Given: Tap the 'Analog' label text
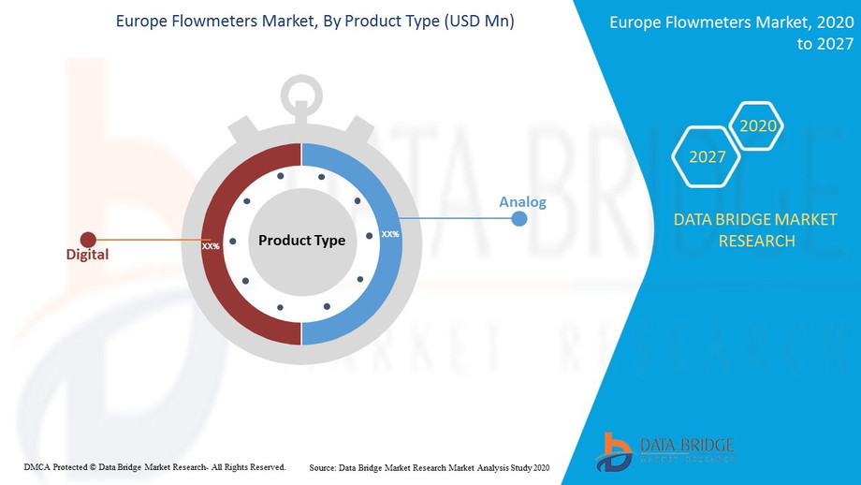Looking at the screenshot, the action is click(523, 202).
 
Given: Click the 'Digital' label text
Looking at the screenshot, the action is click(87, 255).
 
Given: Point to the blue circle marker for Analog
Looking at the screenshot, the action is click(518, 218).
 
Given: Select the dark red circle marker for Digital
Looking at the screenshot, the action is click(88, 240).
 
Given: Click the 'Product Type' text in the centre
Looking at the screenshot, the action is click(302, 240).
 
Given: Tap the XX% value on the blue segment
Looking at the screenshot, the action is click(390, 234).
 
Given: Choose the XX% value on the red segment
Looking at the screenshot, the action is click(211, 246).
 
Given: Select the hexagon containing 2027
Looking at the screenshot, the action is click(707, 156).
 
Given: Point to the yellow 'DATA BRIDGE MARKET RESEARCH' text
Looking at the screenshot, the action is click(755, 230).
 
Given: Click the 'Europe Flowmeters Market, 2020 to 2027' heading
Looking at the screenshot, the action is click(732, 33).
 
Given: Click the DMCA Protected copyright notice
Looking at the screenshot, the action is click(154, 467).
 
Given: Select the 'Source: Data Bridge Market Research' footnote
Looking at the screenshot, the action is click(429, 468).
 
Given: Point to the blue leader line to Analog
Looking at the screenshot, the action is click(457, 218).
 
